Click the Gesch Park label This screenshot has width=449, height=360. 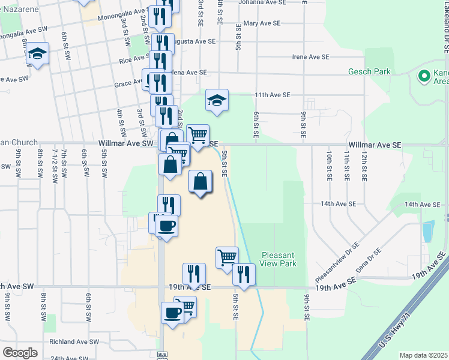[x=369, y=72]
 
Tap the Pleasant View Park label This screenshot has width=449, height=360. [x=278, y=259]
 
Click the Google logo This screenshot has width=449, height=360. [x=20, y=353]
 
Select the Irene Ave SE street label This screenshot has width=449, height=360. [x=311, y=57]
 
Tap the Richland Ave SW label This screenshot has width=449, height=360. [x=74, y=342]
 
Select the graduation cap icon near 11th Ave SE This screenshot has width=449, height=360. [x=217, y=100]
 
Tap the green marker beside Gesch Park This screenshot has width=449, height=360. [x=424, y=76]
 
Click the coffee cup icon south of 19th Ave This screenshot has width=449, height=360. [x=172, y=313]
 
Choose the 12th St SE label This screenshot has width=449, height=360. [x=364, y=166]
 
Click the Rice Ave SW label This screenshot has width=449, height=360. [x=133, y=60]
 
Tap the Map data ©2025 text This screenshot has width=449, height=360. [x=423, y=355]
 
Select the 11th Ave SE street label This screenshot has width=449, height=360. [x=272, y=95]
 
